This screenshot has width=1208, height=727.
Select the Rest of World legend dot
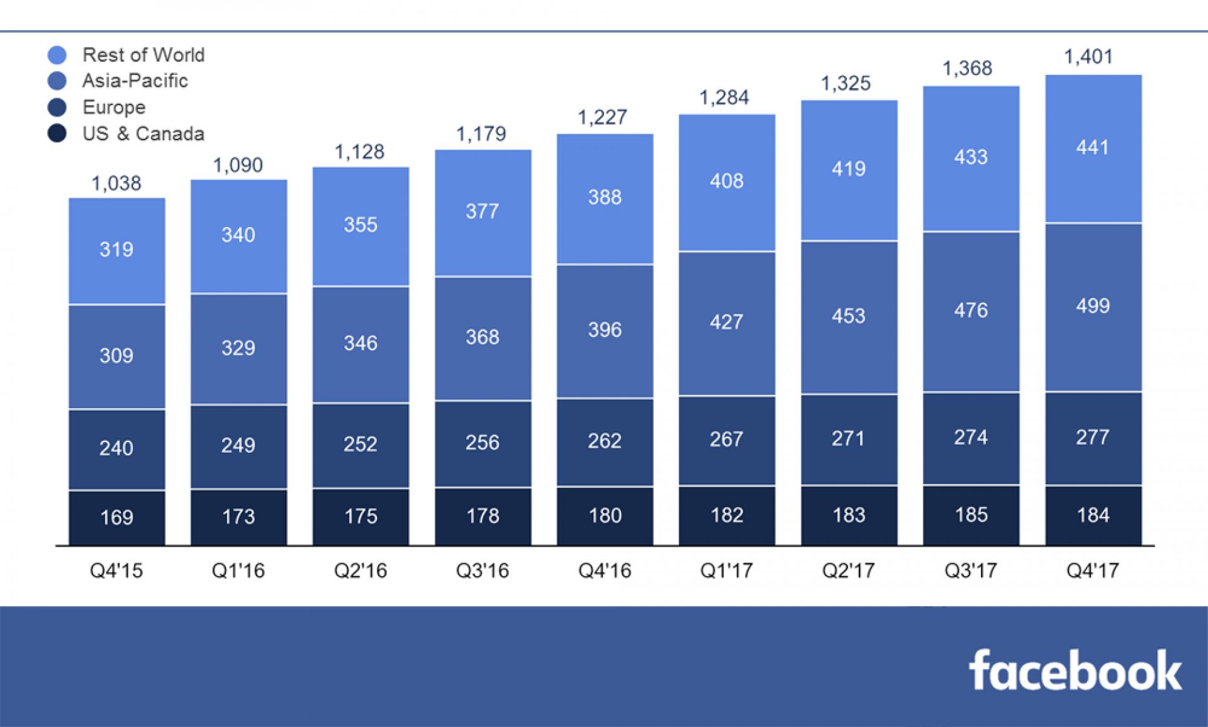57,55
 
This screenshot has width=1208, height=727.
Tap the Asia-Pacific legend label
135,81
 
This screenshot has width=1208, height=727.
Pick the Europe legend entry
114,108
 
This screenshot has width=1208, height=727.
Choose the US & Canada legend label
143,134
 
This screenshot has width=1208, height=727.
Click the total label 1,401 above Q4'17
1088,57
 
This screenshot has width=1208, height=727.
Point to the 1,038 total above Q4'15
116,184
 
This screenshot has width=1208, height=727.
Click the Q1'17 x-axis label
726,570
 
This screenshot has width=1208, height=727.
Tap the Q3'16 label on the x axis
483,570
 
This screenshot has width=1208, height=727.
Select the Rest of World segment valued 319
117,251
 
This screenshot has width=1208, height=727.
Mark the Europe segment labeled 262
605,441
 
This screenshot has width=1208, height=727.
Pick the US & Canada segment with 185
971,515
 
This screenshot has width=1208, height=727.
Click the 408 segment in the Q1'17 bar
727,182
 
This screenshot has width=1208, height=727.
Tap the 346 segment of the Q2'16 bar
361,344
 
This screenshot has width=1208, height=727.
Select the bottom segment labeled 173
238,517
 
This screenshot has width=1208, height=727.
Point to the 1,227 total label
602,118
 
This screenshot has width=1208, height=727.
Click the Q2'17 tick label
848,570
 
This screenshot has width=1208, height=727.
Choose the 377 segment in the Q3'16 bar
483,212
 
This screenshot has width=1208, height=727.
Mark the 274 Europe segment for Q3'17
971,438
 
